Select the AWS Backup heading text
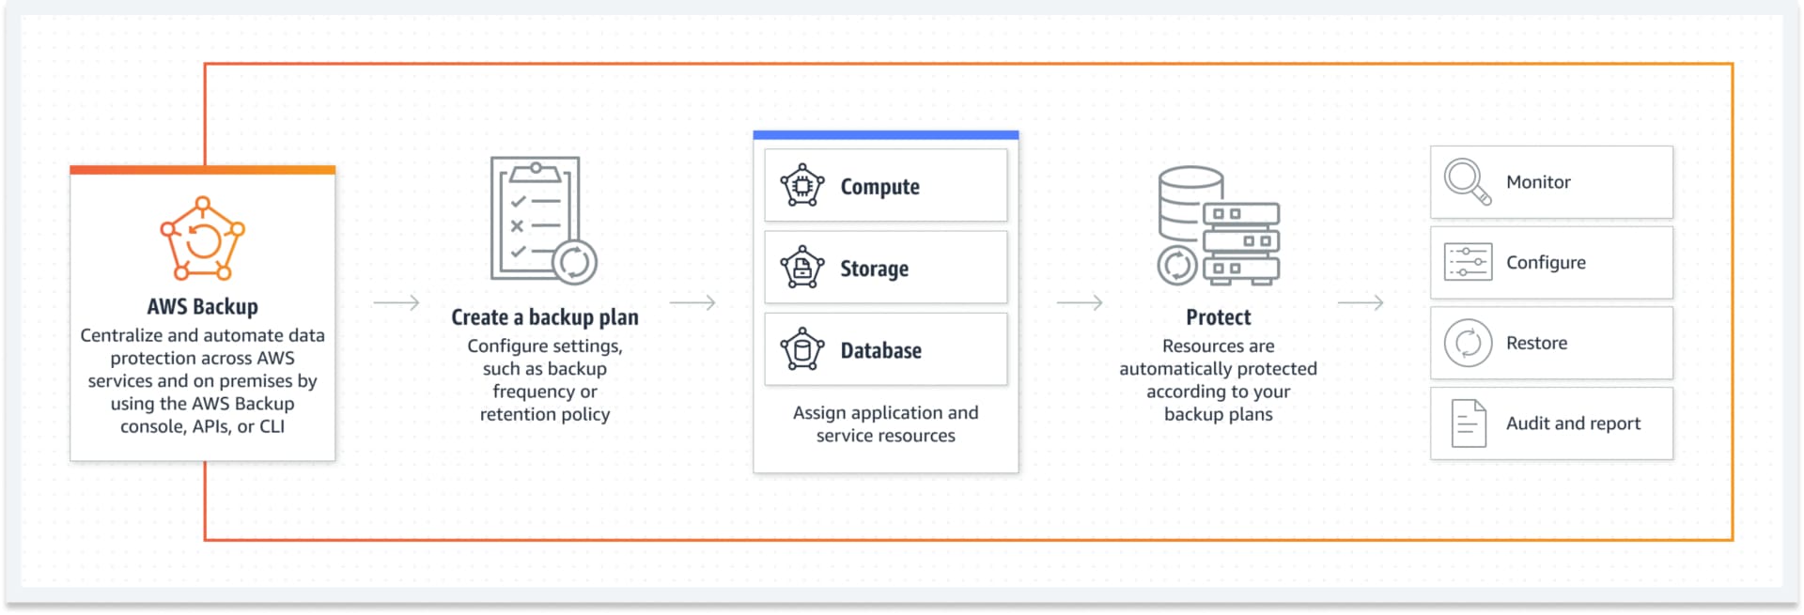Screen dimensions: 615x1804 (x=202, y=306)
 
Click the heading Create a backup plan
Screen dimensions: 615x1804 (x=544, y=317)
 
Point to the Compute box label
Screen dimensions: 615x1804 (x=879, y=187)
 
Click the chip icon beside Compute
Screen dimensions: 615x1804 (x=801, y=186)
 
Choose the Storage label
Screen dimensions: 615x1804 (x=874, y=269)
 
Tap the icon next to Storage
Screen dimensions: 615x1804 (x=801, y=268)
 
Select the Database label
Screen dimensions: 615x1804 (x=880, y=350)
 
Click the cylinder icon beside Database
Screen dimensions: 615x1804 (x=801, y=350)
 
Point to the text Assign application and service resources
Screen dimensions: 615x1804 (x=885, y=424)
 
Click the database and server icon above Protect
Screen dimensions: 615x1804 (x=1218, y=225)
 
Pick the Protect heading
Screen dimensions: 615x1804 (x=1218, y=317)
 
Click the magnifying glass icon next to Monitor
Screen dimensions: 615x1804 (x=1468, y=182)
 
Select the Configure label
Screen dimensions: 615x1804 (x=1546, y=263)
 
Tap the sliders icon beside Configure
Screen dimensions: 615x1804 (x=1468, y=263)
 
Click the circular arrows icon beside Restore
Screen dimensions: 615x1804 (x=1468, y=344)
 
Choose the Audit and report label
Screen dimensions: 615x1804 (x=1573, y=423)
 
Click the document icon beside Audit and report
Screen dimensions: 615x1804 (x=1468, y=423)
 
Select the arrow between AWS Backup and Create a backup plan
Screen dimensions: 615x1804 (x=396, y=303)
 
